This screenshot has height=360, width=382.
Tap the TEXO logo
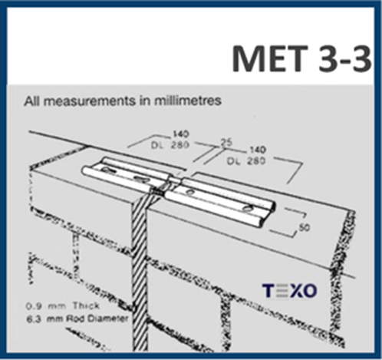click(x=289, y=291)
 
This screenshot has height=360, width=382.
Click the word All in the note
click(x=31, y=101)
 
